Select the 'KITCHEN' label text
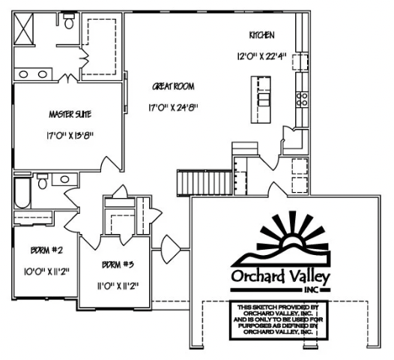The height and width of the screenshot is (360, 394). point(262,36)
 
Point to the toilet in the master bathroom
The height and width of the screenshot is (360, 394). point(69,22)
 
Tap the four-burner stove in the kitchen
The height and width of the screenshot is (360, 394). point(304,97)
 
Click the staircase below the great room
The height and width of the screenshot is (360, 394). point(191,181)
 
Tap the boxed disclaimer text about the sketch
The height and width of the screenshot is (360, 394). point(278,319)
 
